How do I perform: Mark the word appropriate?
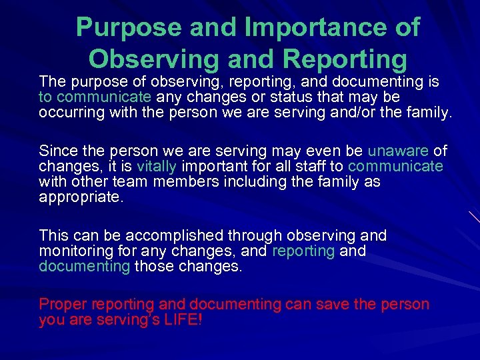coord(81,197)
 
